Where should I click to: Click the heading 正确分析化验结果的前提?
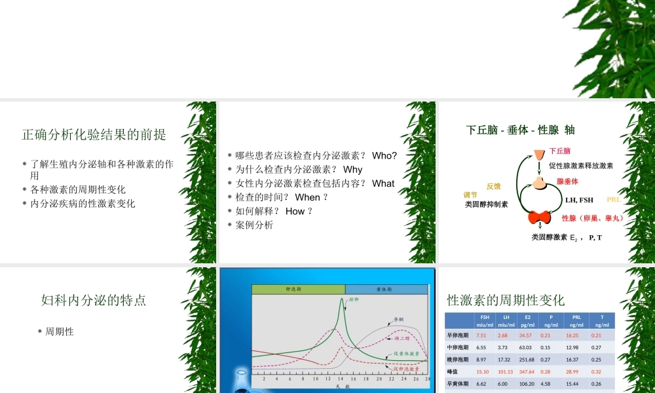94,135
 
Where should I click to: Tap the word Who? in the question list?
384,156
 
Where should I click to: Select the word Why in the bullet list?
352,170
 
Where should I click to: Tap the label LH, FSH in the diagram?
579,200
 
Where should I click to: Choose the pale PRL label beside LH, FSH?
614,200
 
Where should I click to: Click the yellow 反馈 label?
493,186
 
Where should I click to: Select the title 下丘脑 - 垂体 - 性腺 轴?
520,130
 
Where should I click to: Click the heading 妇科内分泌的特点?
94,301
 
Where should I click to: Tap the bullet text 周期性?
59,332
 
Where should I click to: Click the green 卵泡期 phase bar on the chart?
298,289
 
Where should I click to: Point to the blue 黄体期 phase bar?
386,289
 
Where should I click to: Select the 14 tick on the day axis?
341,379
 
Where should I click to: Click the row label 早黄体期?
457,384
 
